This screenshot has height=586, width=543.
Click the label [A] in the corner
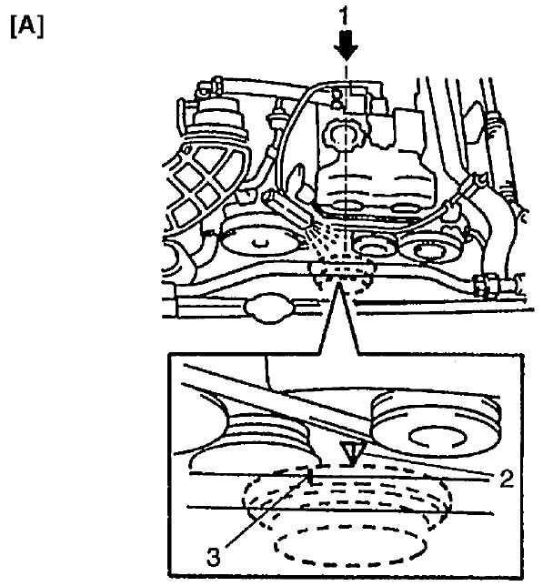coord(27,27)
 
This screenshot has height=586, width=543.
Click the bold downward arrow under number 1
coord(346,45)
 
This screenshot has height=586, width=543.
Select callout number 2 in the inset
coord(507,479)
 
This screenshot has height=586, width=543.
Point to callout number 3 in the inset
coord(214,558)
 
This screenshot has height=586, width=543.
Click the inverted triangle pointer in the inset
coord(351,453)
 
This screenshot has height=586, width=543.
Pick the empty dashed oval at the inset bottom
coord(350,546)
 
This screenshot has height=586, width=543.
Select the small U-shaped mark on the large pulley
coord(260,243)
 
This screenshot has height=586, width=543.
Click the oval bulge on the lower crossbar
coord(267,307)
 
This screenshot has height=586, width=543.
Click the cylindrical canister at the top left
coord(217,116)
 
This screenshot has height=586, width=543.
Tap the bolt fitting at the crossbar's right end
coord(488,285)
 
